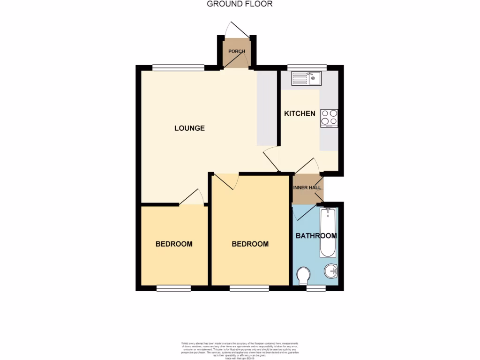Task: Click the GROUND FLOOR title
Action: [240, 4]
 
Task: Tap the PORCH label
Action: [236, 51]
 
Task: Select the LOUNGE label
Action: [189, 128]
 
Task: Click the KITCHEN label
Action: [300, 113]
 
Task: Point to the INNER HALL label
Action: [307, 187]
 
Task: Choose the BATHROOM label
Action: [316, 236]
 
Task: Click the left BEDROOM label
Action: [174, 244]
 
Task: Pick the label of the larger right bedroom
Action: [250, 244]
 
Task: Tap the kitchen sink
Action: [306, 78]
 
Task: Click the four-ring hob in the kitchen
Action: [329, 118]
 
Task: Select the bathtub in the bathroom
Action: [328, 233]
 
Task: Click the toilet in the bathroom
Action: [304, 275]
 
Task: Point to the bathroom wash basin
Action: [331, 271]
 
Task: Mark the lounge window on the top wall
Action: [178, 67]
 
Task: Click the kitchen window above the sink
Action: [307, 67]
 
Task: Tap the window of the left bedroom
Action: [173, 288]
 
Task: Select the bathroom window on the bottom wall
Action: [316, 288]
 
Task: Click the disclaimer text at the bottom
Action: [240, 351]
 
